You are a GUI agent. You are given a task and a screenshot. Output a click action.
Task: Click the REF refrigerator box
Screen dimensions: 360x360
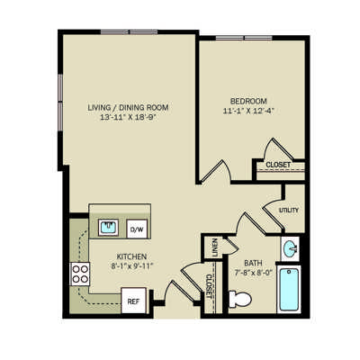pyautogui.click(x=134, y=301)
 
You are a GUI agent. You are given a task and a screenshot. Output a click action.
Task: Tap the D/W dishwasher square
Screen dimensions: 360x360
pyautogui.click(x=137, y=229)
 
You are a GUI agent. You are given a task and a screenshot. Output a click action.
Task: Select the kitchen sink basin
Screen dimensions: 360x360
pyautogui.click(x=108, y=227)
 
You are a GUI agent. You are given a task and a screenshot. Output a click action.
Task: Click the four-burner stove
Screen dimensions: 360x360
pyautogui.click(x=80, y=274)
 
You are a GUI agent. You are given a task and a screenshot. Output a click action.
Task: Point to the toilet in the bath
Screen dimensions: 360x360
pyautogui.click(x=240, y=299)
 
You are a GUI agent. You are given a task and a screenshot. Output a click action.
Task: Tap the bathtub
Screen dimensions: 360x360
pyautogui.click(x=289, y=290)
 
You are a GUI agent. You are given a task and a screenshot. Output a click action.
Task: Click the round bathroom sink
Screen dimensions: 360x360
pyautogui.click(x=290, y=248)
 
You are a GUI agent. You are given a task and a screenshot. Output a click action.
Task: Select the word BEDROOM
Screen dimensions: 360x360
pyautogui.click(x=248, y=101)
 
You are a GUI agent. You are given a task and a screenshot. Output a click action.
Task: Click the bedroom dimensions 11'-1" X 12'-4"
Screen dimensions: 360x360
pyautogui.click(x=248, y=111)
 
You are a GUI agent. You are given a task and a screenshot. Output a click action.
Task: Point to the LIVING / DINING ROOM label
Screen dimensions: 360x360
pyautogui.click(x=128, y=107)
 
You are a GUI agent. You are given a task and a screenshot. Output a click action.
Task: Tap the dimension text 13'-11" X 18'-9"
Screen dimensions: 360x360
pyautogui.click(x=129, y=117)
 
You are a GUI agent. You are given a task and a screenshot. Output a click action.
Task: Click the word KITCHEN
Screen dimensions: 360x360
pyautogui.click(x=131, y=256)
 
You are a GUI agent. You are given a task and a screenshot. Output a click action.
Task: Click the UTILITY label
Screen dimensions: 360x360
pyautogui.click(x=289, y=210)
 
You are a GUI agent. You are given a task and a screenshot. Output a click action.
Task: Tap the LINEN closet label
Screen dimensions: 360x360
pyautogui.click(x=215, y=247)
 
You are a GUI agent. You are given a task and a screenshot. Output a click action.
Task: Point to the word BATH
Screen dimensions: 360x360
pyautogui.click(x=253, y=263)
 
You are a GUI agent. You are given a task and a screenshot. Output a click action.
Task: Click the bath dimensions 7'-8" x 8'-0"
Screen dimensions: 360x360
pyautogui.click(x=253, y=273)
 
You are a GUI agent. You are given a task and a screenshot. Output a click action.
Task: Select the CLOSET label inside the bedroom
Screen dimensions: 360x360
pyautogui.click(x=278, y=165)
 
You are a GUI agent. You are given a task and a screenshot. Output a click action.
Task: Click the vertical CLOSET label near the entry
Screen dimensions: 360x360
pyautogui.click(x=209, y=286)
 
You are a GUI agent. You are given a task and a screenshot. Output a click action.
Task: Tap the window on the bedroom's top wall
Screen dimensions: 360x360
pyautogui.click(x=244, y=38)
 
